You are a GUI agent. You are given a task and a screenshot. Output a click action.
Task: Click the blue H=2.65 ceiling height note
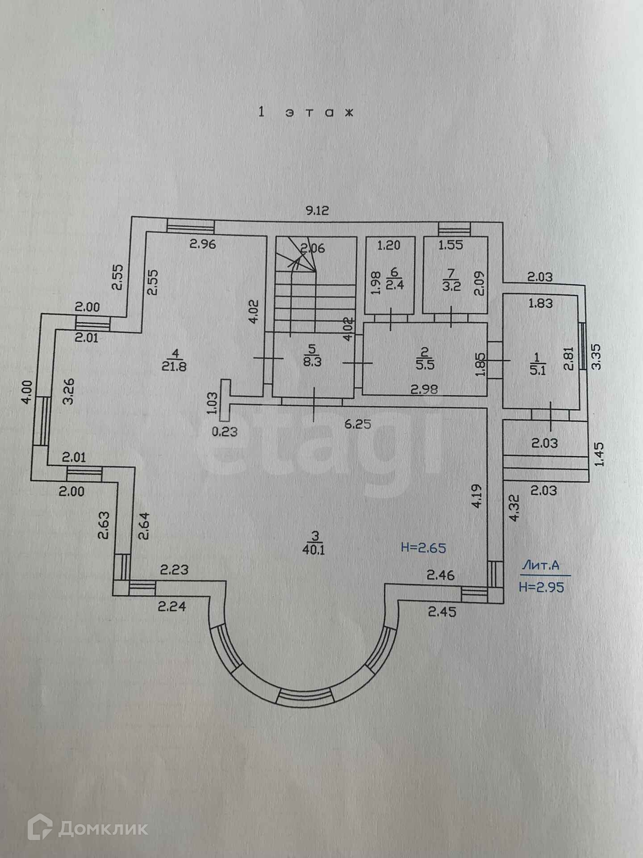tap(423, 547)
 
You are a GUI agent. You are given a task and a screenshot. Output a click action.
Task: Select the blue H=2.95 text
tap(542, 587)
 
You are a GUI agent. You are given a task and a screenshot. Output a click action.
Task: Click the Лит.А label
tap(540, 566)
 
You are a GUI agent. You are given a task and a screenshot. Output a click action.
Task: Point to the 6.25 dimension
tap(358, 424)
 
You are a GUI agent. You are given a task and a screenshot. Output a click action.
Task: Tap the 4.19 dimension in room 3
tap(477, 496)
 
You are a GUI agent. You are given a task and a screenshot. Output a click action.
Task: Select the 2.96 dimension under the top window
tap(203, 244)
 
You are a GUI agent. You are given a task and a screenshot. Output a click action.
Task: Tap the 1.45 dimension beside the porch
tap(599, 454)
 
